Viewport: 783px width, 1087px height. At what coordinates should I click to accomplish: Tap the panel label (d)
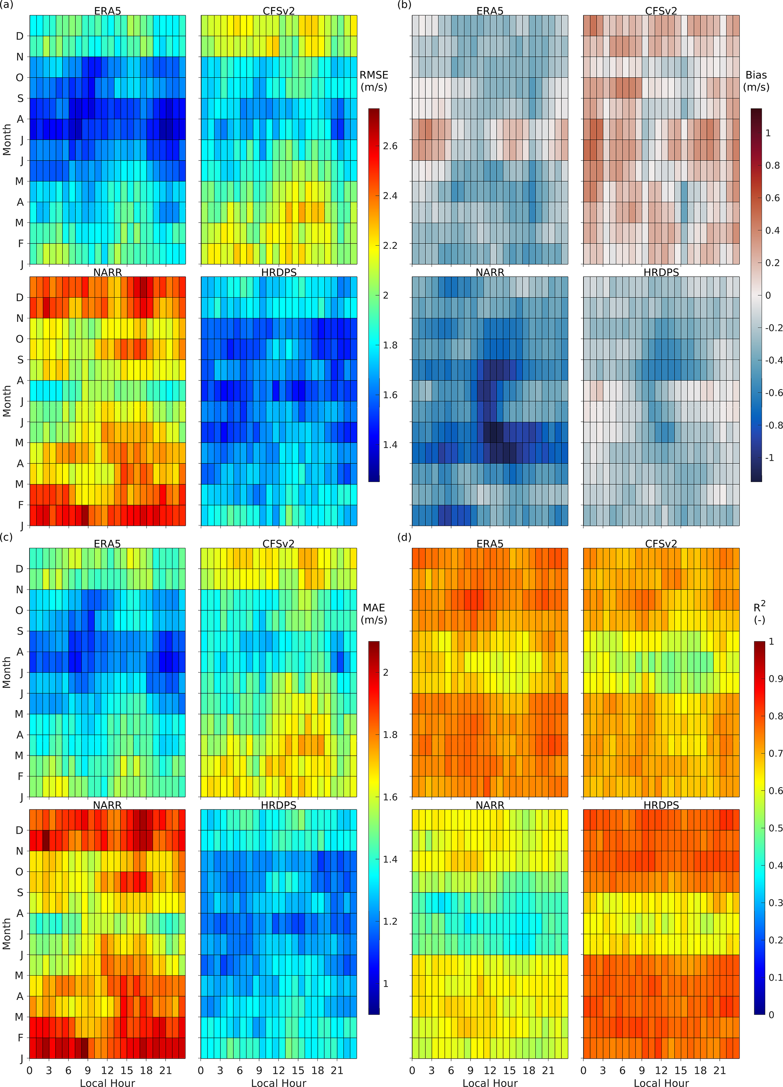click(x=404, y=537)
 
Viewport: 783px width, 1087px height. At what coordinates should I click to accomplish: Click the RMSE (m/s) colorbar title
click(x=374, y=81)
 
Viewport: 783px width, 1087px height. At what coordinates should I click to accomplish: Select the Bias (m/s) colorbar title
click(x=756, y=81)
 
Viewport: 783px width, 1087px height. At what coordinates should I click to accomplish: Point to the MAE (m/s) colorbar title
click(x=374, y=613)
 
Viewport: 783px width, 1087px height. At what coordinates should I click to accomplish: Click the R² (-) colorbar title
click(x=760, y=613)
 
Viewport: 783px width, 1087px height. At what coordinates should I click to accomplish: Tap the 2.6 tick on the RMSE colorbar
click(x=390, y=146)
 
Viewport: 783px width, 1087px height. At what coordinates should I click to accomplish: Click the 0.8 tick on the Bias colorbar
click(x=772, y=165)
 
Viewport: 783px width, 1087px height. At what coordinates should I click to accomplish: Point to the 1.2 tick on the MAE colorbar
click(x=390, y=921)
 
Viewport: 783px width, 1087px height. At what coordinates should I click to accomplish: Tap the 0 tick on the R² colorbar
click(x=771, y=1015)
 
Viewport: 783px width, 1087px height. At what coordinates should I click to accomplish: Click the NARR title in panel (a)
click(x=108, y=272)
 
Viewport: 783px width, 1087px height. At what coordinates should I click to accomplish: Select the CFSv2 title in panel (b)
click(x=661, y=11)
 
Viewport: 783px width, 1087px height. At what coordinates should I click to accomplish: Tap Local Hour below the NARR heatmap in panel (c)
click(x=108, y=1082)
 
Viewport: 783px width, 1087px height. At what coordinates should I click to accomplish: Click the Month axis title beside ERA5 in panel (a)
click(x=7, y=139)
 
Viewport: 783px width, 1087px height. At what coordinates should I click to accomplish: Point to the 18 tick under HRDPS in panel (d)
click(x=700, y=1070)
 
